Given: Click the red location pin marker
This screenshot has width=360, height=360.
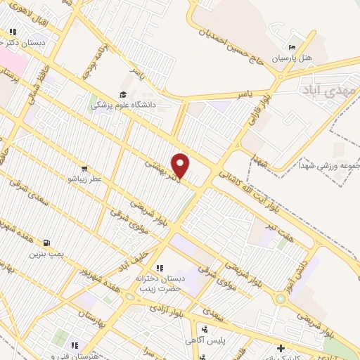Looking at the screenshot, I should click(181, 166).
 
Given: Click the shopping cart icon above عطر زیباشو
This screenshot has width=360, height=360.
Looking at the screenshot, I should click(84, 169).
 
